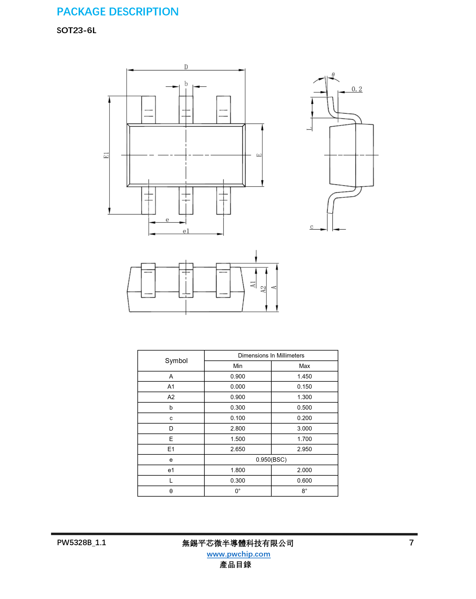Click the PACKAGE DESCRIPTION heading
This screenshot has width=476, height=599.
pyautogui.click(x=118, y=12)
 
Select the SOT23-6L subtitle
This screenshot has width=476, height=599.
pyautogui.click(x=77, y=31)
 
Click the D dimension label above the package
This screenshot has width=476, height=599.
pyautogui.click(x=186, y=67)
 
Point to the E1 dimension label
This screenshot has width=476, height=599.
pyautogui.click(x=106, y=155)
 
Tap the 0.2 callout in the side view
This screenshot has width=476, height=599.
pyautogui.click(x=357, y=89)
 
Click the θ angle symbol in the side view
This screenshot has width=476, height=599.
pyautogui.click(x=333, y=75)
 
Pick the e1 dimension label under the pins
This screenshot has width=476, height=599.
pyautogui.click(x=186, y=231)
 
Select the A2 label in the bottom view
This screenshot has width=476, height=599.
pyautogui.click(x=263, y=289)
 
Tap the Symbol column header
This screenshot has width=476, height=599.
pyautogui.click(x=176, y=361)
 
